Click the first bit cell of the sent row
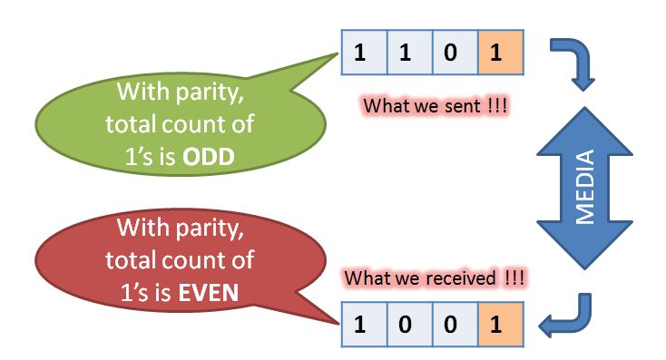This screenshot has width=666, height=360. (x=365, y=53)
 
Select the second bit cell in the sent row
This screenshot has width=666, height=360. (x=410, y=53)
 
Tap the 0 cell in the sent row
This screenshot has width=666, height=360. (x=455, y=53)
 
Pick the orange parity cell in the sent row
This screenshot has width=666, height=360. (x=501, y=53)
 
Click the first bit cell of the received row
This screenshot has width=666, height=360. (x=365, y=325)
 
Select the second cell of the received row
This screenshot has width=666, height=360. (x=410, y=325)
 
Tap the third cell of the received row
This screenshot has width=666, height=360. (x=455, y=325)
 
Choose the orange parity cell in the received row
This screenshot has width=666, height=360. (x=501, y=325)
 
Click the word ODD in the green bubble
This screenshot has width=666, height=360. (x=208, y=157)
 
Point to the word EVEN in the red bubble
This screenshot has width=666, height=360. (x=209, y=293)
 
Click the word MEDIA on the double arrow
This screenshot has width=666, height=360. (x=585, y=187)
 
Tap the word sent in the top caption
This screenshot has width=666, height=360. (x=462, y=106)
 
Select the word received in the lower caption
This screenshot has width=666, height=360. (x=461, y=278)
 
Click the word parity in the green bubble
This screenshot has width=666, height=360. (x=210, y=92)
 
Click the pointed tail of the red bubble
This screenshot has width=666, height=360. (x=338, y=324)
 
